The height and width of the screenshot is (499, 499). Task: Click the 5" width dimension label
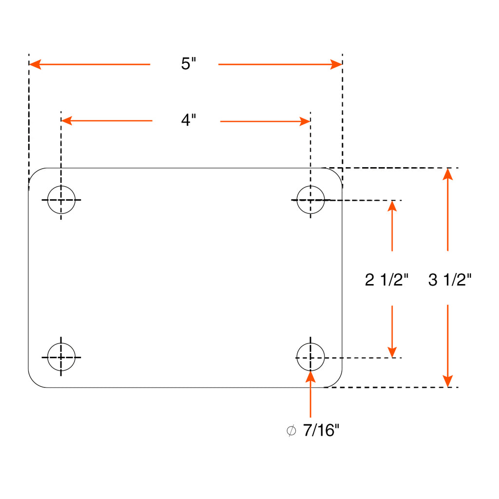(189, 63)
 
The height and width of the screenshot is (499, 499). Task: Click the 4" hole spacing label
(189, 120)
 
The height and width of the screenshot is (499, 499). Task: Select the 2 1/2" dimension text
(386, 280)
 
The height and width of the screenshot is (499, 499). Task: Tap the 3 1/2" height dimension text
(450, 280)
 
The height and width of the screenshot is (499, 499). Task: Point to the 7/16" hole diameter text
(321, 430)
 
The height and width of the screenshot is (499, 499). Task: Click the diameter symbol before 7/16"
(291, 431)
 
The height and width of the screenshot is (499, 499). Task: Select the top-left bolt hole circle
(47, 200)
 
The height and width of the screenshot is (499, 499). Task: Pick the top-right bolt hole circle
(297, 200)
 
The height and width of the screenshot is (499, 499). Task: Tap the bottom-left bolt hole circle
(47, 357)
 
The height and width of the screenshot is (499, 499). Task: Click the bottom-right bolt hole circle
(297, 357)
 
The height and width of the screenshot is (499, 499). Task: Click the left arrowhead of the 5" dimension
(35, 64)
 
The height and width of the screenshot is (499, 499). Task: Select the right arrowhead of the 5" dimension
(336, 64)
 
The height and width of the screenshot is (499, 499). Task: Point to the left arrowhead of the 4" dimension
(66, 121)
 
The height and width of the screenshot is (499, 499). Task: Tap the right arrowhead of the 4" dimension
(305, 121)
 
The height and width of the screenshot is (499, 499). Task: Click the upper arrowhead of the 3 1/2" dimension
(448, 174)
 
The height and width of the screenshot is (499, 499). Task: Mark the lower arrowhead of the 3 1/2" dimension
(448, 381)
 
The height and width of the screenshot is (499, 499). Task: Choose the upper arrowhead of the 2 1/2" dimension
(392, 206)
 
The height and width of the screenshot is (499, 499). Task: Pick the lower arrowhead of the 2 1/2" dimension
(392, 352)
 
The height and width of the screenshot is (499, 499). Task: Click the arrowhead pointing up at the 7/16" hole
(310, 377)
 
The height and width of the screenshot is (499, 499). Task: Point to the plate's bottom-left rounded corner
(34, 382)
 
